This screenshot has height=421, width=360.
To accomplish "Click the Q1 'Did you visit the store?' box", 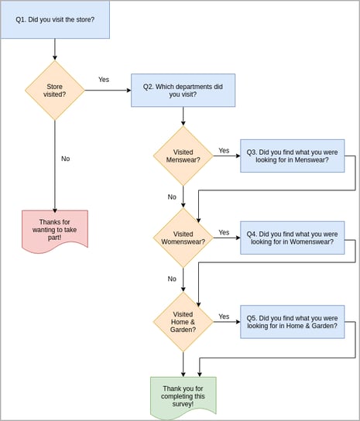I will pos(55,19).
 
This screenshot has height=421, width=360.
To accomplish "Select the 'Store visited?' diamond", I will pos(55,91).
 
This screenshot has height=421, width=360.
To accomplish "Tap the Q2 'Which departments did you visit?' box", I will pos(183,91).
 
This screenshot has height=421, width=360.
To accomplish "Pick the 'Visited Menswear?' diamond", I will pos(183,156).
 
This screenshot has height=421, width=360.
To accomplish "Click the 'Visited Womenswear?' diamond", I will pos(183,238).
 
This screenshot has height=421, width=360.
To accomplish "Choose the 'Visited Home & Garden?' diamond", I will pos(183,321).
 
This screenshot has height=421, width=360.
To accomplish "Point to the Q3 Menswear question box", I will pos(292,156).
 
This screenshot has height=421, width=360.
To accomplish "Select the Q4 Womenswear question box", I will pos(292,238).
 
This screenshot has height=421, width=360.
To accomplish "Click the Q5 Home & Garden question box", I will pos(292,321).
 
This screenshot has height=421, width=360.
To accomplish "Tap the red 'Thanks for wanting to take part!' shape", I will pos(55,230).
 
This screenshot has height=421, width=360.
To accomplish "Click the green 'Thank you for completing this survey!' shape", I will pos(183,396).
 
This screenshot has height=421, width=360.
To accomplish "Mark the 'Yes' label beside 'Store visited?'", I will pos(104,80).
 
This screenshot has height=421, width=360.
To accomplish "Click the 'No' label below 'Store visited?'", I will pos(66,159).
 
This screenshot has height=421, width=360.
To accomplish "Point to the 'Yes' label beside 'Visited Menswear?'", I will pos(224,151).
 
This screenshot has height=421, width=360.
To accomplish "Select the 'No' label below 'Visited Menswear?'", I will pos(172,197).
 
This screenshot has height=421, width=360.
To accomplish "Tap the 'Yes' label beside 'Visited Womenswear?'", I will pos(224,232).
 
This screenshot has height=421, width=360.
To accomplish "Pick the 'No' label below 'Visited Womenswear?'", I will pos(172,279).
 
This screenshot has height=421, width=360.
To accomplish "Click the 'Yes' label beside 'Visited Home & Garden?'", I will pos(224,317).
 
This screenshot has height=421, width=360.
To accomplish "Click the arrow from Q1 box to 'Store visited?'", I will pos(55,50).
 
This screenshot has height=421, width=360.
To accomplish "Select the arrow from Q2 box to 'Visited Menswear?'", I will pos(183,116).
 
